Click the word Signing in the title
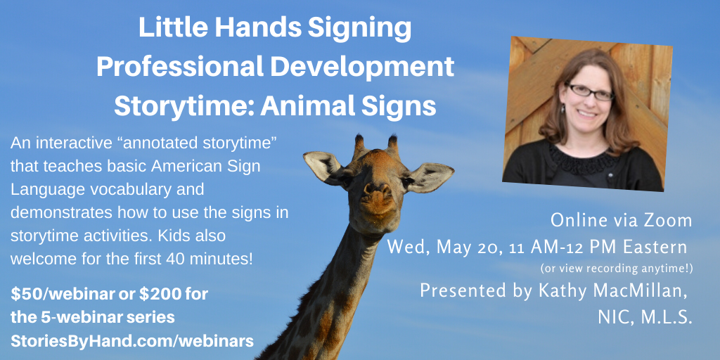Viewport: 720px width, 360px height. tap(359, 28)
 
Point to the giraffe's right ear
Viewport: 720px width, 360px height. tap(430, 177)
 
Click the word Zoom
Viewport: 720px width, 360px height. tap(670, 220)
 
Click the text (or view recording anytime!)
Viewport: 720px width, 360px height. tap(617, 267)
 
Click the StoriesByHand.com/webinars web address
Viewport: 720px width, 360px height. tap(132, 341)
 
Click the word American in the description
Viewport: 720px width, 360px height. tap(179, 167)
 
